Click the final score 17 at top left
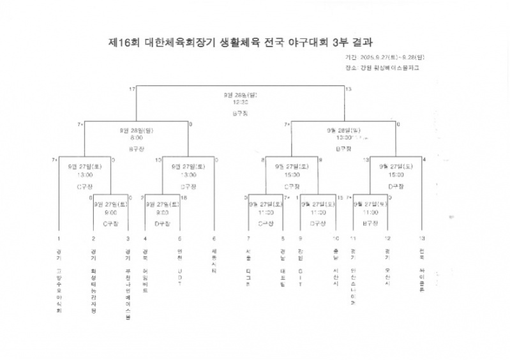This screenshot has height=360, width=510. point(132,89)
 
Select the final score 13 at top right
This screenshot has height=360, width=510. point(348,89)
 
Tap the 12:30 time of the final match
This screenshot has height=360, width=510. point(240,101)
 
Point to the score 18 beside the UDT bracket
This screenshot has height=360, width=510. point(184,198)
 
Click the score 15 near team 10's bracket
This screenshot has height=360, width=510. point(340,198)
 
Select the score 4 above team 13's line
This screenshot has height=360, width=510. point(424,159)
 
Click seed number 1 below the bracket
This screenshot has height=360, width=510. point(59,238)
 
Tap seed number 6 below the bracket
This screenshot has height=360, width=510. point(214,238)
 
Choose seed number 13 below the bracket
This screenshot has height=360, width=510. point(421,238)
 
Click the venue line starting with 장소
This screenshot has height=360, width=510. point(381,67)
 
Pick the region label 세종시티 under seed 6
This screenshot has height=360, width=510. point(214,261)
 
